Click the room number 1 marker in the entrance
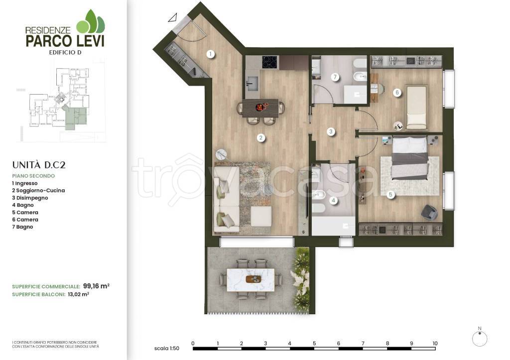pos(211,54)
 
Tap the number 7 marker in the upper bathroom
pos(335,77)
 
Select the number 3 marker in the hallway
pos(331,132)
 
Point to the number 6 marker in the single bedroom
pos(397,93)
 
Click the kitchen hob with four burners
pos(269,62)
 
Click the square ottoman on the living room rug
pos(261,217)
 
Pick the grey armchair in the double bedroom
pos(429,212)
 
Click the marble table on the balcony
pos(251,280)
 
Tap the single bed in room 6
pos(416,108)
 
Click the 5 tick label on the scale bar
pos(314,344)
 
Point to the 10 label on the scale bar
pos(435,344)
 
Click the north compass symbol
pos(480,339)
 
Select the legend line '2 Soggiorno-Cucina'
pos(38,191)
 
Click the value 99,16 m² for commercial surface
pos(96,286)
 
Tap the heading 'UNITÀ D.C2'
pos(39,165)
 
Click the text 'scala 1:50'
pos(166,348)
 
